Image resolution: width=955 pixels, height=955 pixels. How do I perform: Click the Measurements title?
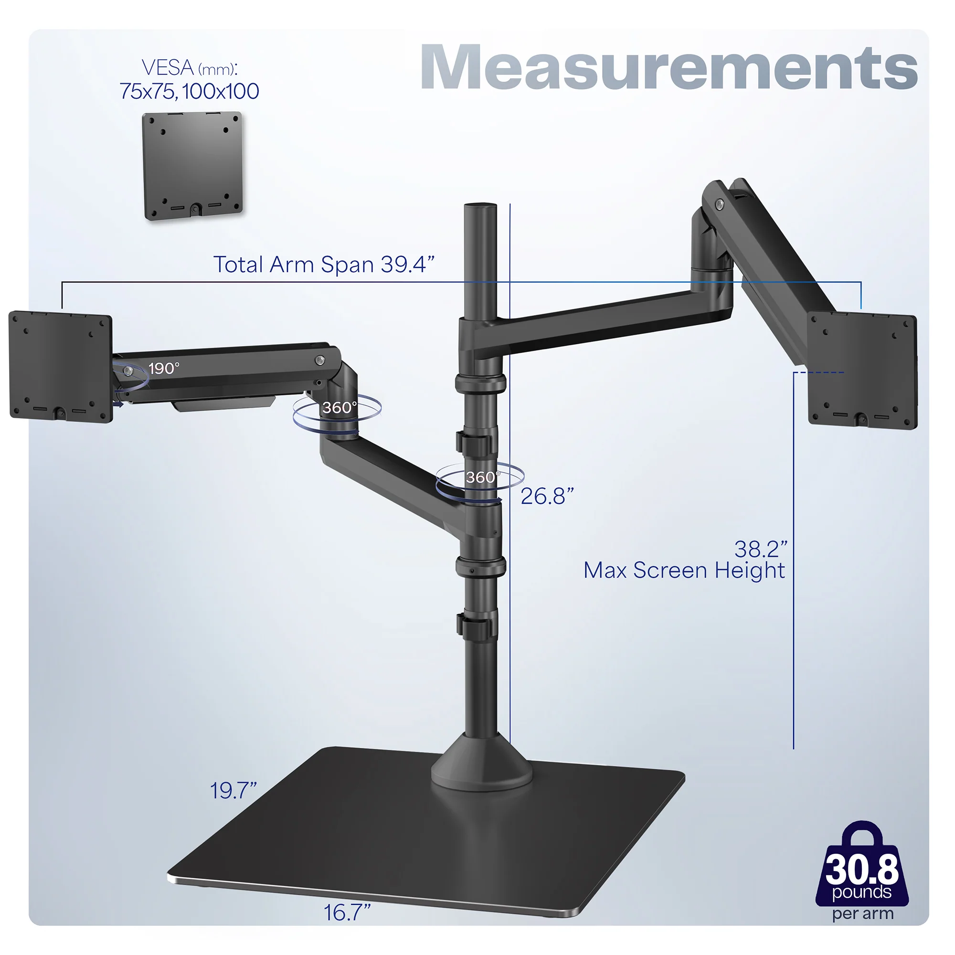[x=668, y=68]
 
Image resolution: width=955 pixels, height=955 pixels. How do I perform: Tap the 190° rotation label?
[x=164, y=368]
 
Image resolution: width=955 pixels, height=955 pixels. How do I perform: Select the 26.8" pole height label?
[x=547, y=496]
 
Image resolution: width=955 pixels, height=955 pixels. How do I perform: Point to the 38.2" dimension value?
[x=760, y=549]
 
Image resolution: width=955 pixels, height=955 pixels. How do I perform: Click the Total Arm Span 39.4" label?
[x=324, y=265]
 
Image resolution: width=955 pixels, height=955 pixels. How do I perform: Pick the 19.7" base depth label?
[x=233, y=790]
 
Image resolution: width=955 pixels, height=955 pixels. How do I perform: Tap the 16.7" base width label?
[x=347, y=913]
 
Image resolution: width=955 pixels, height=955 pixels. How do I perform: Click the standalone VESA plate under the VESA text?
[x=192, y=165]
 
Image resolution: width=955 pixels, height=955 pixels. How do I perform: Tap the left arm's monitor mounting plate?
[x=61, y=366]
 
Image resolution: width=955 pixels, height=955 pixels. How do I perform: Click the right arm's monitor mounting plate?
[x=862, y=371]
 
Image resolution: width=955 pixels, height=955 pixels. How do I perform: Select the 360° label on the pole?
[x=482, y=477]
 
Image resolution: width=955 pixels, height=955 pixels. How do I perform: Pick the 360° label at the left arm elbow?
[x=339, y=408]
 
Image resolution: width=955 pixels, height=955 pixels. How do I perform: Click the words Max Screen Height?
[x=684, y=571]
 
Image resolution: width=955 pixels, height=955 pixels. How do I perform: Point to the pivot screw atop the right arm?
[x=719, y=203]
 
